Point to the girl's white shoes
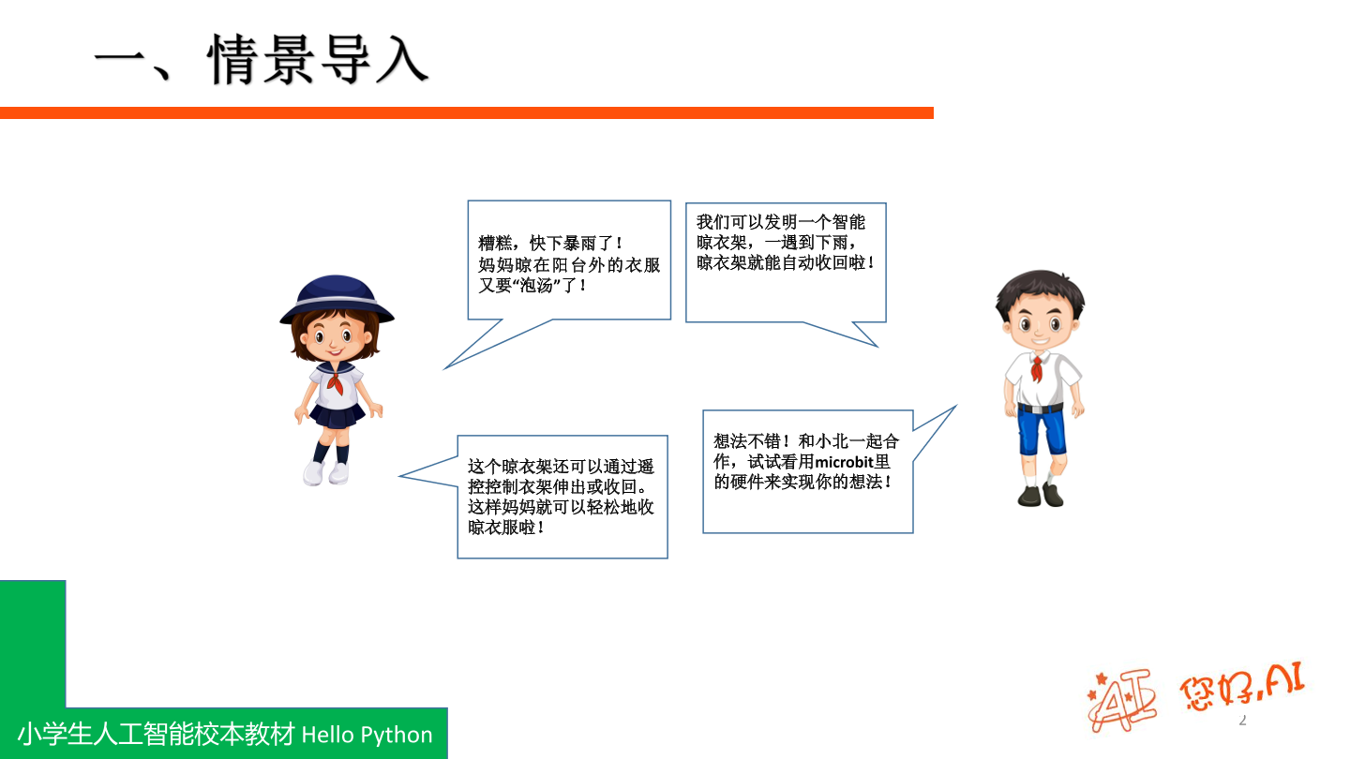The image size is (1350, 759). [326, 472]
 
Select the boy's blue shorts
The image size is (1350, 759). [1042, 431]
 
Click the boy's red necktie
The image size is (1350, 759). [1036, 367]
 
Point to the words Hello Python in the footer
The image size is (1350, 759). [367, 735]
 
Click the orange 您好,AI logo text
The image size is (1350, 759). [1241, 689]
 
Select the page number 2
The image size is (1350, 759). [1243, 721]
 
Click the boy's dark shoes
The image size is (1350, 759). [1041, 494]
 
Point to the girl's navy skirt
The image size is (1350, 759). [336, 413]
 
